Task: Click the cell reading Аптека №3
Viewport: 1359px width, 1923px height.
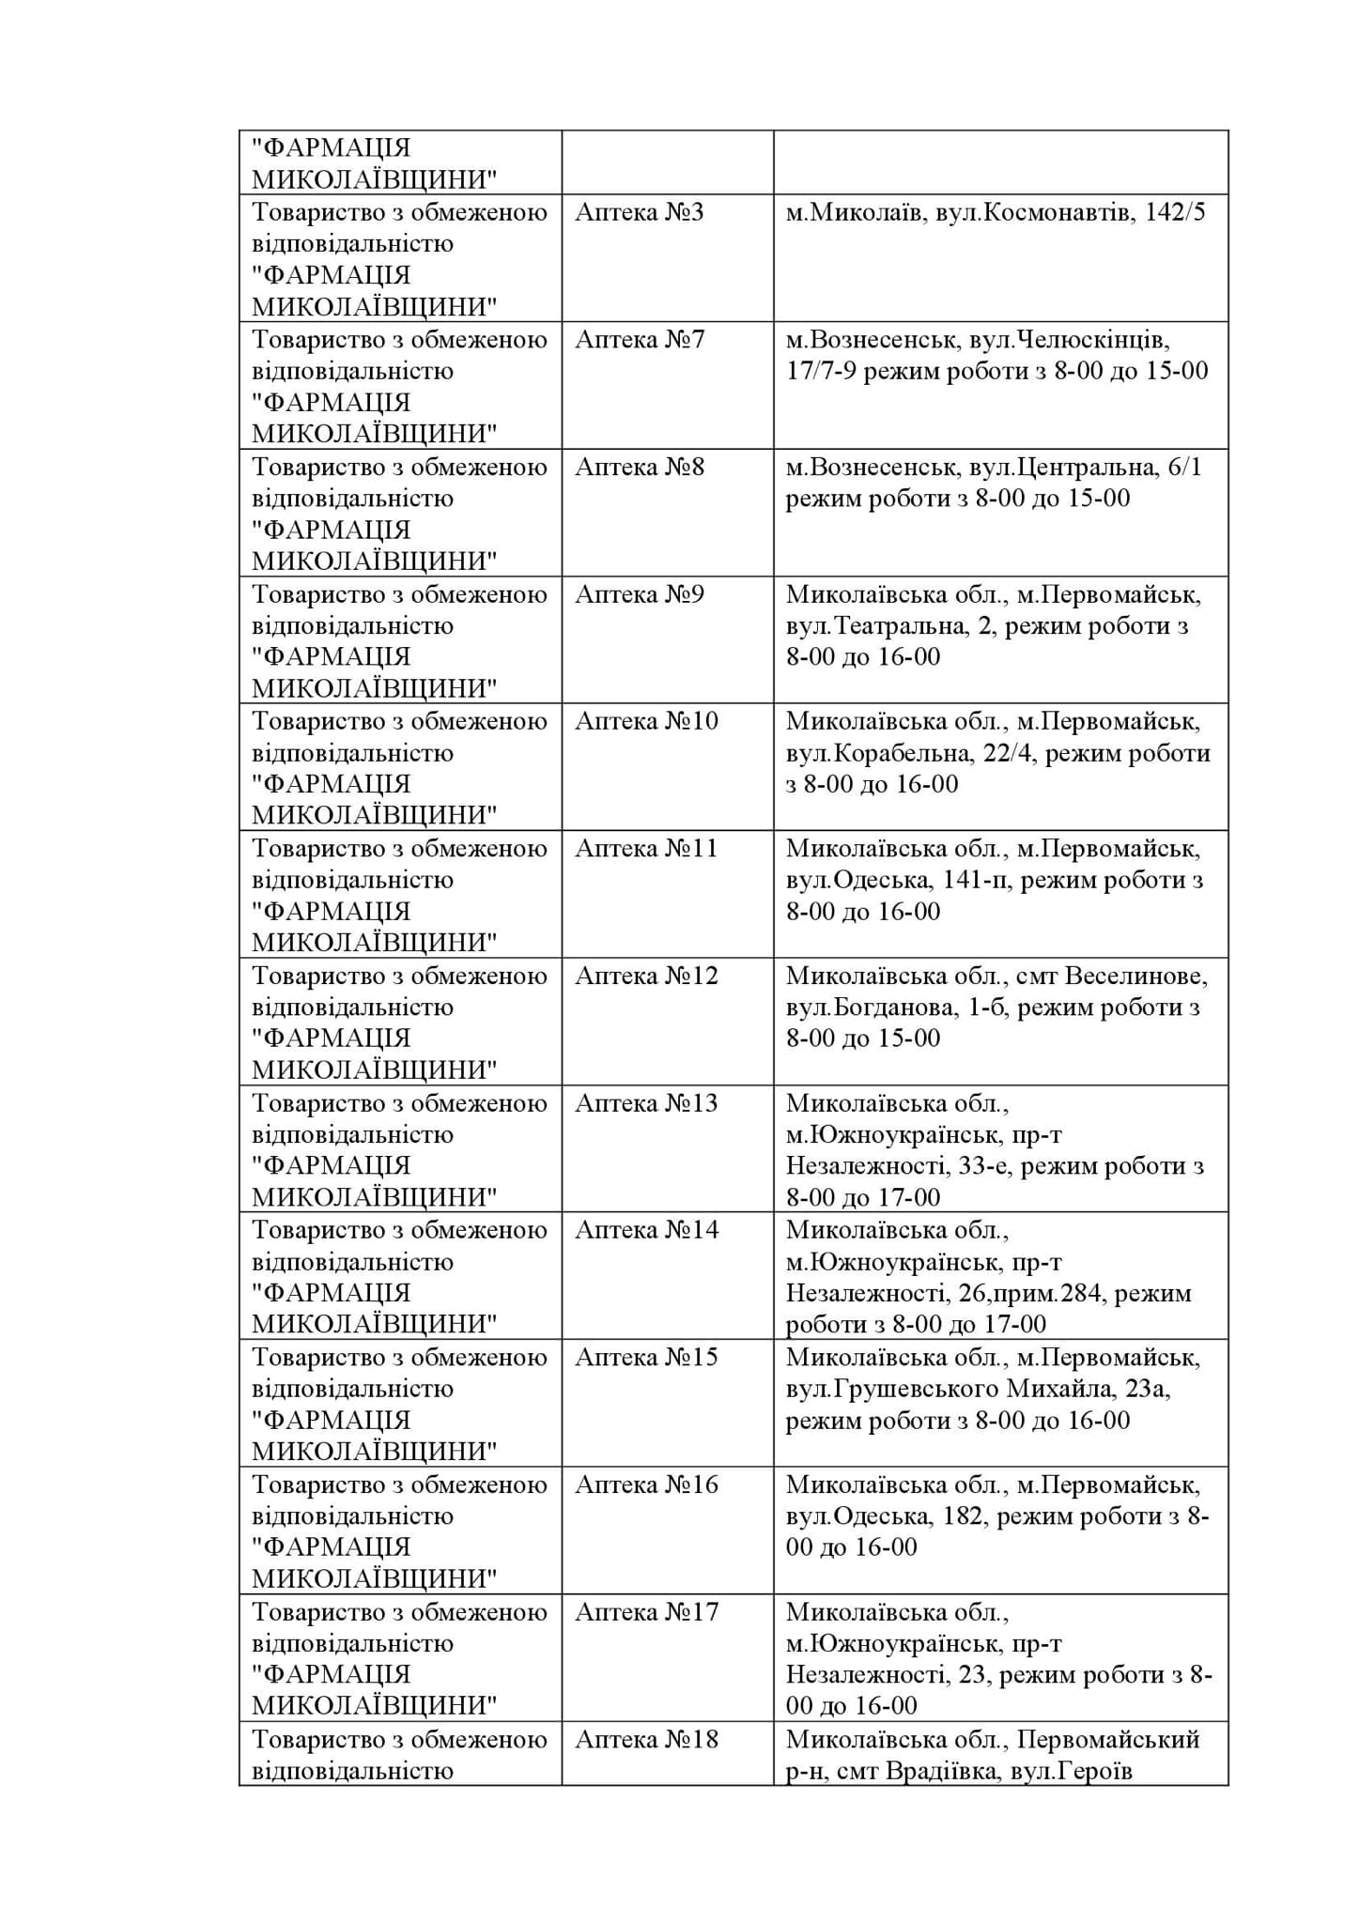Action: pos(639,212)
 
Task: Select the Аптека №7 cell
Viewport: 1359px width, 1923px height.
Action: pos(639,339)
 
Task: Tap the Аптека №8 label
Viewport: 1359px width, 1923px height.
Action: pos(639,467)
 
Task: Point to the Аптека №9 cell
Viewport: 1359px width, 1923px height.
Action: pos(639,594)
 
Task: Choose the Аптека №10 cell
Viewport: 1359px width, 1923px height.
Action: pos(646,721)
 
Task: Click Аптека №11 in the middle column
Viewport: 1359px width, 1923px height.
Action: pos(646,849)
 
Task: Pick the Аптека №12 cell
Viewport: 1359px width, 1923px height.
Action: pos(646,976)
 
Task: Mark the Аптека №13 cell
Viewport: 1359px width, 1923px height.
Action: pos(646,1103)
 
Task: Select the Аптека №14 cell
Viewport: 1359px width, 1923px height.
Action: pos(646,1230)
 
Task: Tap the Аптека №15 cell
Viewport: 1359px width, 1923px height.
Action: pos(646,1358)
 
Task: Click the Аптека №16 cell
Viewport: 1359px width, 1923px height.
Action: pos(646,1485)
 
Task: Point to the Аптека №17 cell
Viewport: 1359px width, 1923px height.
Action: pos(646,1612)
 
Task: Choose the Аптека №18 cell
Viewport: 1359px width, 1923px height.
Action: pos(646,1739)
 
